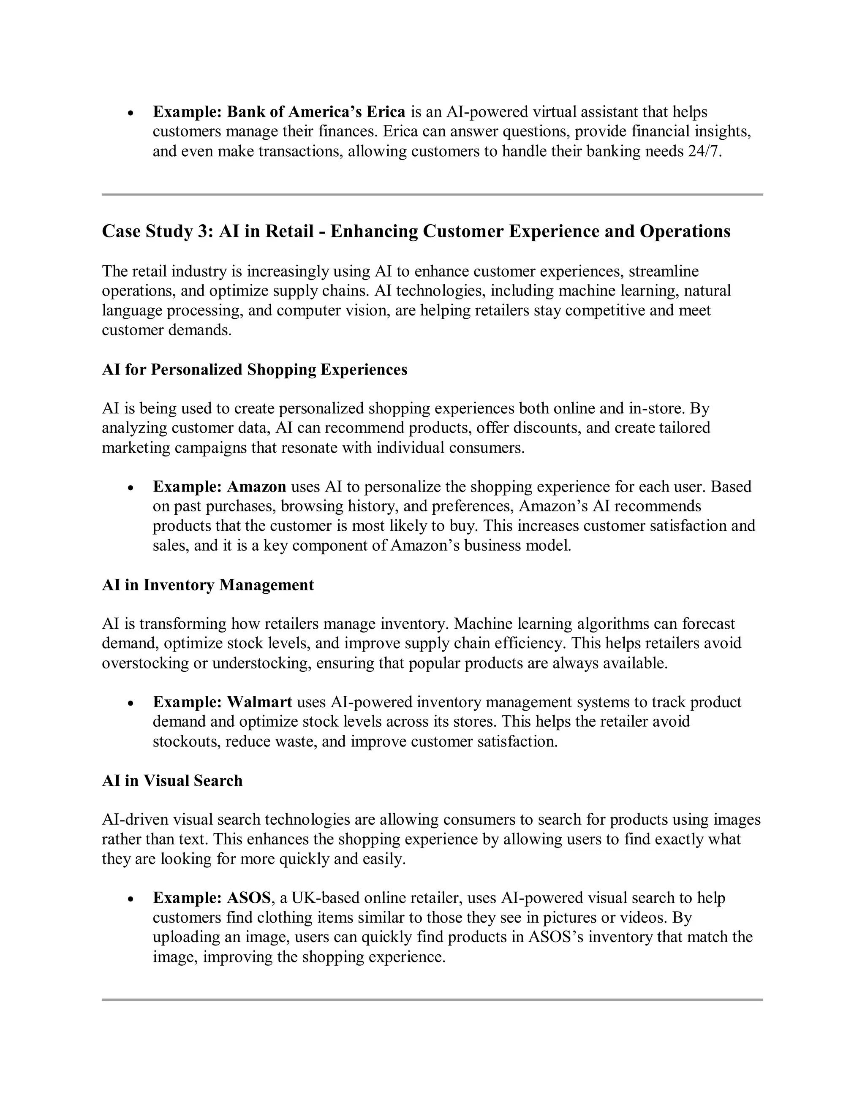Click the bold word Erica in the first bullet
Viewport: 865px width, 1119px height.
tap(385, 112)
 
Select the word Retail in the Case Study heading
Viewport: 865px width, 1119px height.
tap(289, 231)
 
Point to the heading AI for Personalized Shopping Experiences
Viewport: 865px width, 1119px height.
tap(254, 369)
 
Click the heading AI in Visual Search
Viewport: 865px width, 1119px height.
tap(172, 781)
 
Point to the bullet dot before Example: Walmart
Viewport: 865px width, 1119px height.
tap(131, 703)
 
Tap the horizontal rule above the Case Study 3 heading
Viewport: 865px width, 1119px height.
tap(432, 195)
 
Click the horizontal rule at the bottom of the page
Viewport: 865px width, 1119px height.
tap(432, 999)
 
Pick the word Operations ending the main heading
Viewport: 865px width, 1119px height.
tap(685, 231)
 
